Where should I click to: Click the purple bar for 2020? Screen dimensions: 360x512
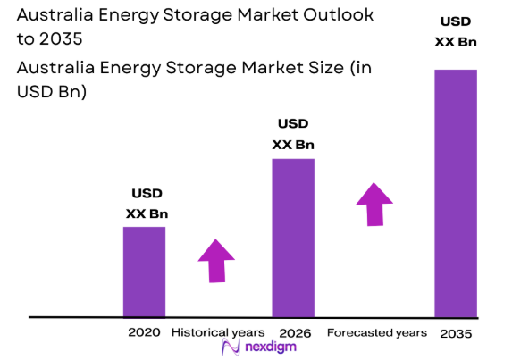point(144,272)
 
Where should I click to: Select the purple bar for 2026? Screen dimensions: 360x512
point(293,238)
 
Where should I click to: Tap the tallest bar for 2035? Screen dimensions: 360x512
point(455,193)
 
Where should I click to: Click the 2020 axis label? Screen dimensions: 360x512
point(144,332)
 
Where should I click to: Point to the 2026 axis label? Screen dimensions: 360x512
point(294,333)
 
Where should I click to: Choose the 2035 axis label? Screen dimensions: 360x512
point(456,333)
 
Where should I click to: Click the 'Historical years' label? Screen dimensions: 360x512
point(217,332)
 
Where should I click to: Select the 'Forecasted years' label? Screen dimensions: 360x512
point(376,332)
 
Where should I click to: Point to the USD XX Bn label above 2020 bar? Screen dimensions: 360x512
point(147,204)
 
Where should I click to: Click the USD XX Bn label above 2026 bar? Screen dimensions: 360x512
point(293,134)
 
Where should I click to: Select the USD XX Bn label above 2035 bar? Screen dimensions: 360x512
point(455,32)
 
